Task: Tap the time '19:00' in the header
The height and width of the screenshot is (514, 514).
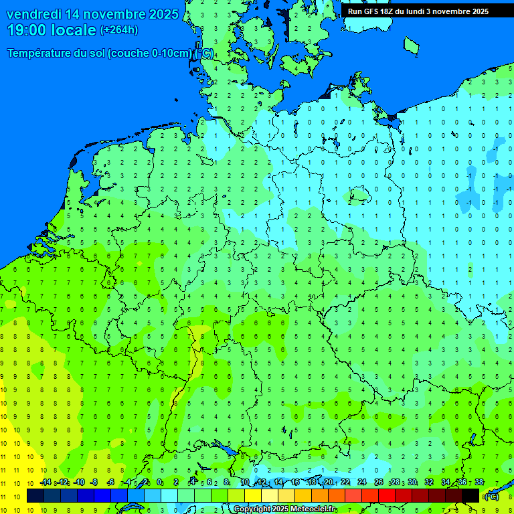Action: [27, 30]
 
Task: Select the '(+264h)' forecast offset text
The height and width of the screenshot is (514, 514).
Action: [119, 30]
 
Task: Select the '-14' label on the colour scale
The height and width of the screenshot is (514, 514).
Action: [46, 483]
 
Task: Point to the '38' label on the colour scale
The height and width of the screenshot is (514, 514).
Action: [479, 483]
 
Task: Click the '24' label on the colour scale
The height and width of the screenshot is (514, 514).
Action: [362, 483]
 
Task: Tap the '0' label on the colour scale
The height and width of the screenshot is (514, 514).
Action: [159, 483]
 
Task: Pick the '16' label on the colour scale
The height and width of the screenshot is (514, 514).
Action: [295, 483]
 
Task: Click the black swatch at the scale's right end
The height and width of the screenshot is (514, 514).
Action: [470, 495]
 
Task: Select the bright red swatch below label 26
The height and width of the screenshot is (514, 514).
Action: [387, 495]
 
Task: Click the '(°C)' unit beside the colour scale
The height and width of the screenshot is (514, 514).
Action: [491, 496]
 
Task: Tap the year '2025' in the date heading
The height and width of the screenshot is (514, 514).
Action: [163, 14]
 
